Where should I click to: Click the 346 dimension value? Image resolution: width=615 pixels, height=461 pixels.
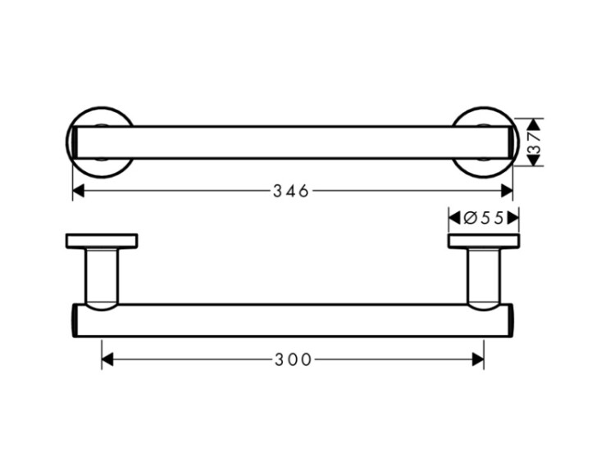(291, 191)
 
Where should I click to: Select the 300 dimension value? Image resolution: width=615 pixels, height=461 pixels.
(293, 359)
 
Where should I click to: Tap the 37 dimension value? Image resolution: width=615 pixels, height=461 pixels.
(534, 142)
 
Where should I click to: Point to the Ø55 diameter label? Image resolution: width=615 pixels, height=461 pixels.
(483, 218)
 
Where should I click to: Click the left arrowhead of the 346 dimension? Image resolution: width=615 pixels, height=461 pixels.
(79, 191)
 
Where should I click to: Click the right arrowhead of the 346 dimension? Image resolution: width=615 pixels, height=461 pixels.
(507, 191)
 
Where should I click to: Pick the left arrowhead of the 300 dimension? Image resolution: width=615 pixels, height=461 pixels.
(107, 359)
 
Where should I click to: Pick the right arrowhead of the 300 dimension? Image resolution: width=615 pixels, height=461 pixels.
(478, 359)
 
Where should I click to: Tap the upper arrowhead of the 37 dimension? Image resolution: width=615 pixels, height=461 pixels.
(533, 124)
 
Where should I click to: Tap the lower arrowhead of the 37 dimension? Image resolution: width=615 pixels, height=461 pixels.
(533, 160)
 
